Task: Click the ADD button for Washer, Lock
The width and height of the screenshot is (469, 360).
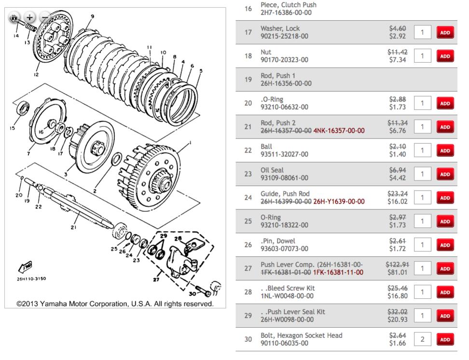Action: click(444, 32)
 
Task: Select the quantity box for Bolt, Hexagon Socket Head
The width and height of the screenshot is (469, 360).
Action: click(422, 339)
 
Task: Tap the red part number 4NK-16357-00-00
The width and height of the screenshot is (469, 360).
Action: click(339, 131)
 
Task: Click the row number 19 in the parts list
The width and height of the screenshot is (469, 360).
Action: click(248, 79)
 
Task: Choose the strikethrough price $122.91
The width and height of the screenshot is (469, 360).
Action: click(397, 264)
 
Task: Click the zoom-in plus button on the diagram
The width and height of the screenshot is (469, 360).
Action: click(30, 17)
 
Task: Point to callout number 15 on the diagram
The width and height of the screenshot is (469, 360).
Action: click(11, 128)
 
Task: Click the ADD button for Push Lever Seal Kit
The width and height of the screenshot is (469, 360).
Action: click(444, 316)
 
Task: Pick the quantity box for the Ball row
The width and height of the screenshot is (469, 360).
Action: click(422, 150)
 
